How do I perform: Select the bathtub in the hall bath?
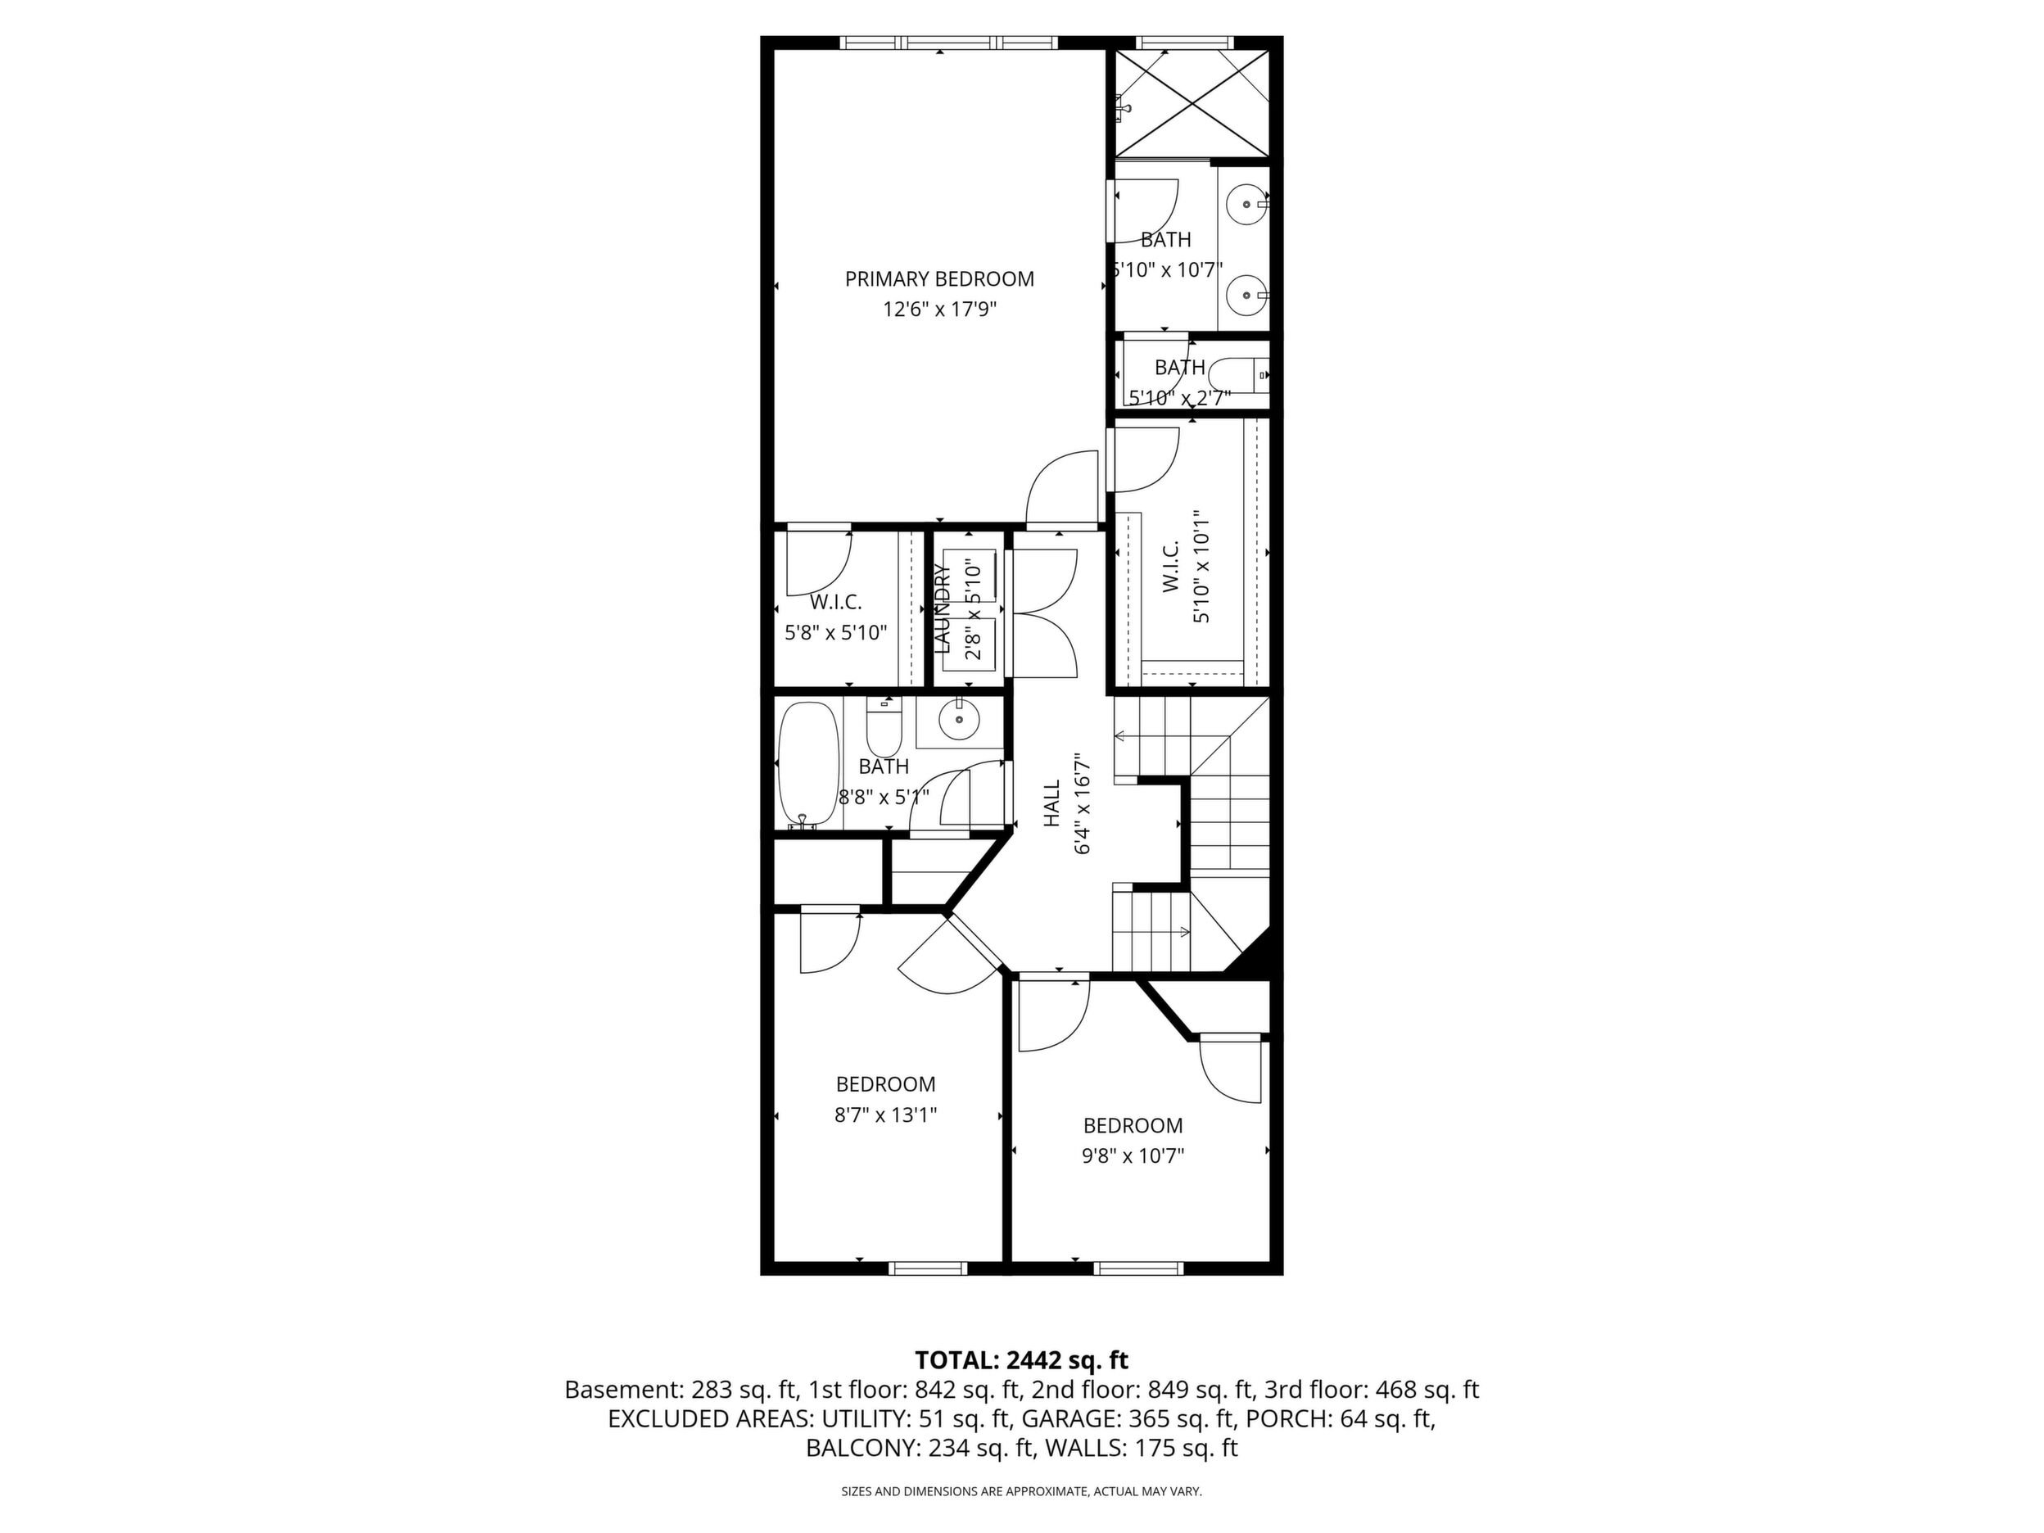tap(808, 766)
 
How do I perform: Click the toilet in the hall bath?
tap(884, 727)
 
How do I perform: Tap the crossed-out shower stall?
tap(1192, 102)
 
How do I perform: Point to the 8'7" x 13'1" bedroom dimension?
tap(885, 1115)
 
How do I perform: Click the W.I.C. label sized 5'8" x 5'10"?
tap(835, 603)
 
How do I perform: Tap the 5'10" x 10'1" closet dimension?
tap(1201, 567)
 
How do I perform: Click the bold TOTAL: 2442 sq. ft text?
tap(1021, 1360)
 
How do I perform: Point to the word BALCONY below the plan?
tap(861, 1448)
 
